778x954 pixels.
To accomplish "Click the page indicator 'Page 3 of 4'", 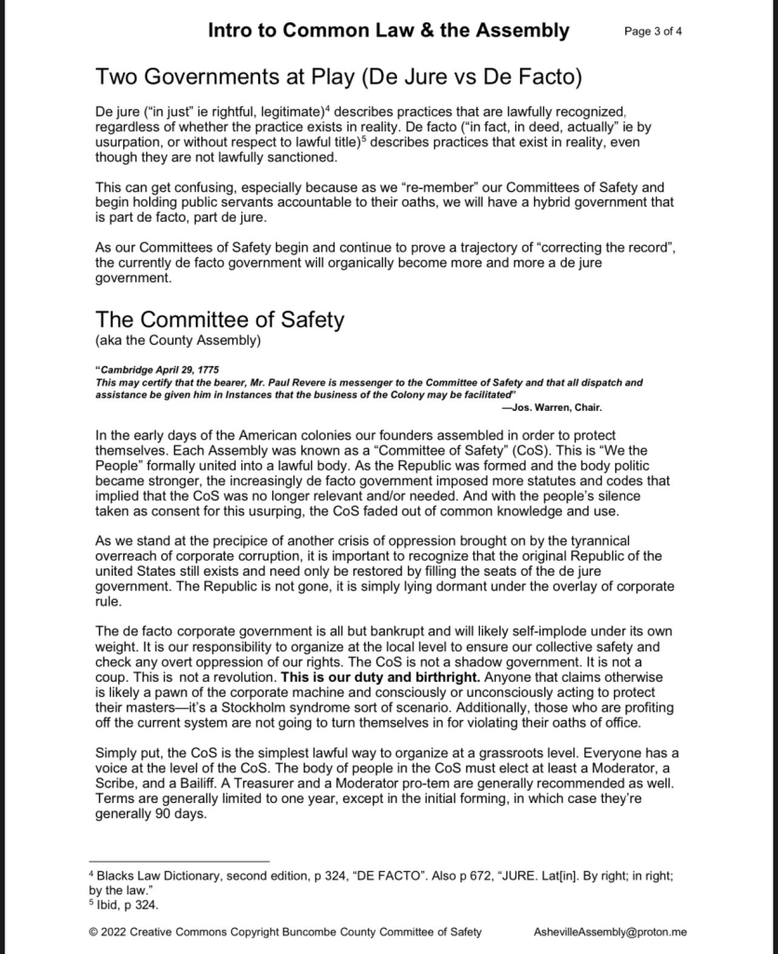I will point(652,31).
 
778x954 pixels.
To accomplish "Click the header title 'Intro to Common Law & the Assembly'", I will point(388,30).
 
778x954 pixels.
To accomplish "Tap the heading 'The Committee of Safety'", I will point(220,320).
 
